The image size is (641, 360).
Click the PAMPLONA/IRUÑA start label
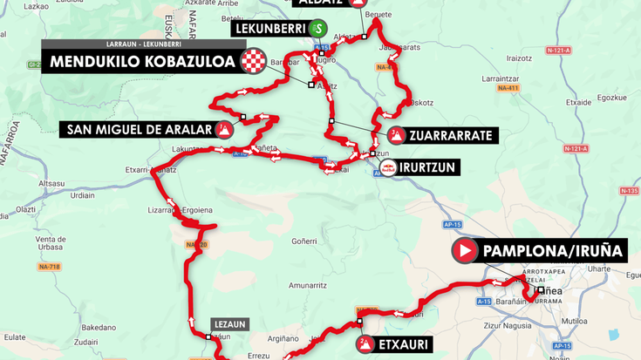tap(553, 252)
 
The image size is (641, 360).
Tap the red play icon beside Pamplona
tap(465, 252)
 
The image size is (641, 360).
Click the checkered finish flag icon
tap(253, 62)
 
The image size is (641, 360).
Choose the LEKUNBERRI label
tap(269, 28)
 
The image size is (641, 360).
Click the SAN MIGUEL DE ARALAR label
tap(140, 131)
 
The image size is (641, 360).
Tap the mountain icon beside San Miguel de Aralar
tap(224, 131)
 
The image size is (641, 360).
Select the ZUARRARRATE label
tap(453, 135)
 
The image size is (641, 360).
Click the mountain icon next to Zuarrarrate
tap(397, 135)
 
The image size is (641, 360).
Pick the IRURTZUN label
tap(428, 166)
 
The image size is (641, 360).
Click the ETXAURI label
tap(404, 344)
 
